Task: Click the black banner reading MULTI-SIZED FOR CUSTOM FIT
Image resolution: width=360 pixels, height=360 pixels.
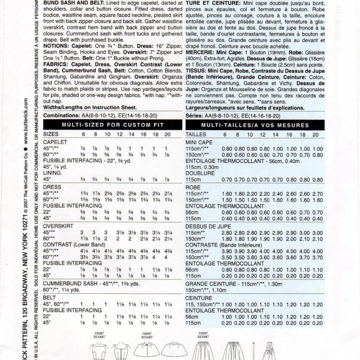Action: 113,125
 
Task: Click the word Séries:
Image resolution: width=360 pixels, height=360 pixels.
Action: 194,116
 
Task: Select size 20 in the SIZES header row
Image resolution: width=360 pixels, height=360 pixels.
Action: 166,135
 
